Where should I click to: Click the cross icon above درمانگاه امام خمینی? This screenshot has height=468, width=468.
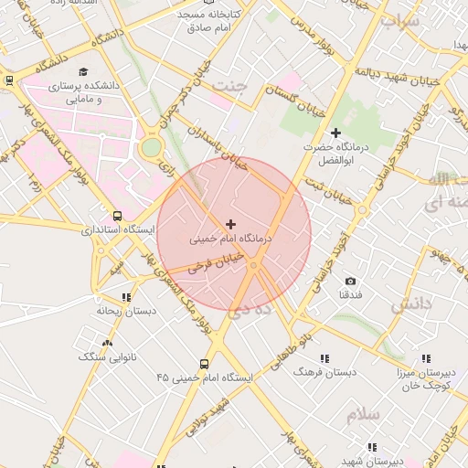pos(229,224)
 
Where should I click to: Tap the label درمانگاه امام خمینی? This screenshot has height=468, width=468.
pos(231,240)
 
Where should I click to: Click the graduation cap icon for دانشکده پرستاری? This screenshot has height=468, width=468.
pos(83,71)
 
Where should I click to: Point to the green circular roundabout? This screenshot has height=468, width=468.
pos(151,147)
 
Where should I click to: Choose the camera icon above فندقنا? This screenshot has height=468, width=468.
pos(350,281)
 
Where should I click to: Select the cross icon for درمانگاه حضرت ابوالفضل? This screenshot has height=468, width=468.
pos(335,133)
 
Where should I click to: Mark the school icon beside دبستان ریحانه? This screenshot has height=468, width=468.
pos(126,297)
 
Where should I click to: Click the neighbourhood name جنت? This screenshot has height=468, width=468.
pos(230,85)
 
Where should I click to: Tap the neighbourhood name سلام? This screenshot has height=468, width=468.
pos(363,415)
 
